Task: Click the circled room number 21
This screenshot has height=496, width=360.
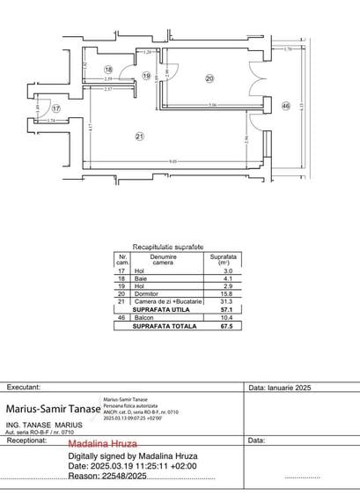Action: (x=139, y=135)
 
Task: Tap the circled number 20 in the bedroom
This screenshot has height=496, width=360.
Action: (x=209, y=78)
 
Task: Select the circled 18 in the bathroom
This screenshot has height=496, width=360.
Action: (x=109, y=70)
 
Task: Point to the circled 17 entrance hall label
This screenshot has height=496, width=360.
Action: (x=55, y=108)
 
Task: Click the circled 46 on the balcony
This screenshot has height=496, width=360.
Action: (x=285, y=106)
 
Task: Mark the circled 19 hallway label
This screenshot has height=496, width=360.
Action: (x=147, y=77)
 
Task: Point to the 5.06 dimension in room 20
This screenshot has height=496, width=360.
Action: (x=213, y=106)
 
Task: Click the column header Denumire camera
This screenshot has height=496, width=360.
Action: (x=163, y=260)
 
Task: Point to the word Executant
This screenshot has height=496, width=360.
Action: (x=24, y=387)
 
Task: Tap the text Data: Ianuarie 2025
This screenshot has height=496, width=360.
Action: (x=281, y=387)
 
